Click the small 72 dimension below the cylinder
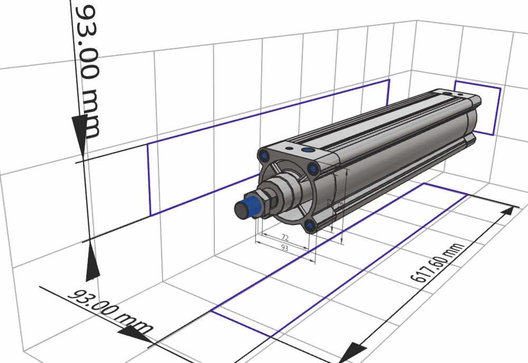coord(285,237)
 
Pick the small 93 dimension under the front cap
coord(285,247)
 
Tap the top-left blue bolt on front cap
coord(263,155)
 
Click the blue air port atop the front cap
coord(308,151)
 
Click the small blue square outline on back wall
coord(478,108)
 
